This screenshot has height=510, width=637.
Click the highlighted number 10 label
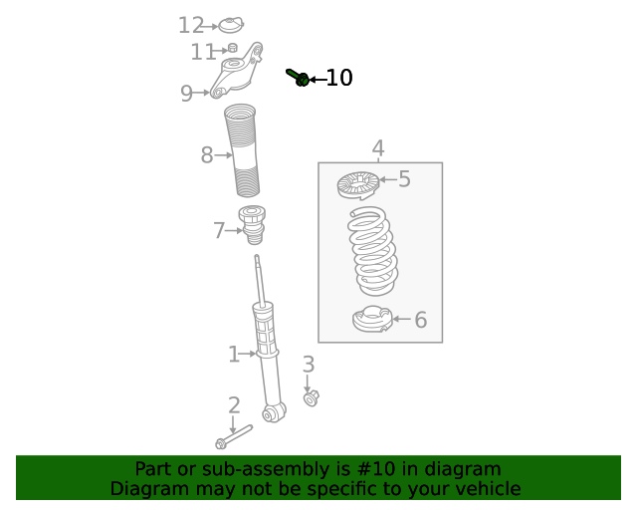339,78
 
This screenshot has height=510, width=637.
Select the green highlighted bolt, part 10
298,77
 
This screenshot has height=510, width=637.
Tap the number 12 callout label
190,26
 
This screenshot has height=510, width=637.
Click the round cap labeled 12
232,24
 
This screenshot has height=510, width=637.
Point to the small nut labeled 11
232,48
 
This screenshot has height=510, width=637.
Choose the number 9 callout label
186,94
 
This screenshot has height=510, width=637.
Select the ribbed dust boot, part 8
243,149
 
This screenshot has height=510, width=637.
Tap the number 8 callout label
207,155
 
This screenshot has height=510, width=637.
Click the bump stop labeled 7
253,224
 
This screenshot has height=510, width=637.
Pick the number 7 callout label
219,231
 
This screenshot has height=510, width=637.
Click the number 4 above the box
378,149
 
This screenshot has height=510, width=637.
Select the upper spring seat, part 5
358,184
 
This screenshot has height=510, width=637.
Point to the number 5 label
404,179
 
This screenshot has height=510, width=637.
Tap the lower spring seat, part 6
371,320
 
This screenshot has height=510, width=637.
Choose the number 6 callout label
420,320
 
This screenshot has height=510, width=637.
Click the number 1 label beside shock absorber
234,355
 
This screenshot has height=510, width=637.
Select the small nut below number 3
311,398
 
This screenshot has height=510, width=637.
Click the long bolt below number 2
234,436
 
